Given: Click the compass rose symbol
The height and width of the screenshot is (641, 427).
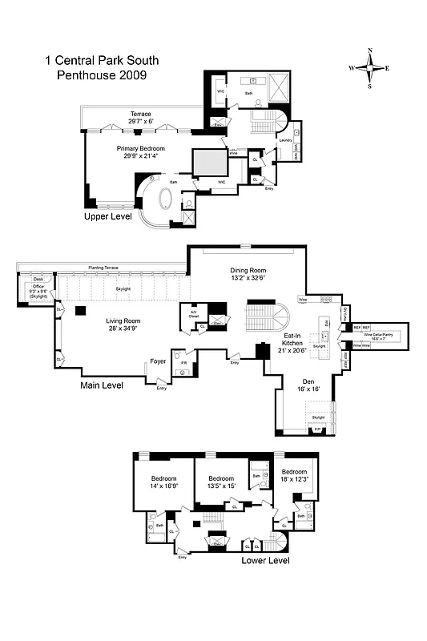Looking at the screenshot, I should pos(369,68).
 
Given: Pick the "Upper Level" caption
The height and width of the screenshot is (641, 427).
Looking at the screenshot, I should pos(108,217).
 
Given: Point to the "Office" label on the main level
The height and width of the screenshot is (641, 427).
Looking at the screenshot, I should pos(38,286).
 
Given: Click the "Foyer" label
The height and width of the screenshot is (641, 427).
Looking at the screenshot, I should pos(158,361).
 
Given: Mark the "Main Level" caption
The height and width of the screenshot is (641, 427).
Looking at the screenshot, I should pos(102,385).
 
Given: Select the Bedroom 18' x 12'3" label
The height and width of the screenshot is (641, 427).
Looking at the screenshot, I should pos(296,475).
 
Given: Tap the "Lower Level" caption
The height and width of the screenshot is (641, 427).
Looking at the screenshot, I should pos(265,560).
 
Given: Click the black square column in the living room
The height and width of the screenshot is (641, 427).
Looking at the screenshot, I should pos(81,309).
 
